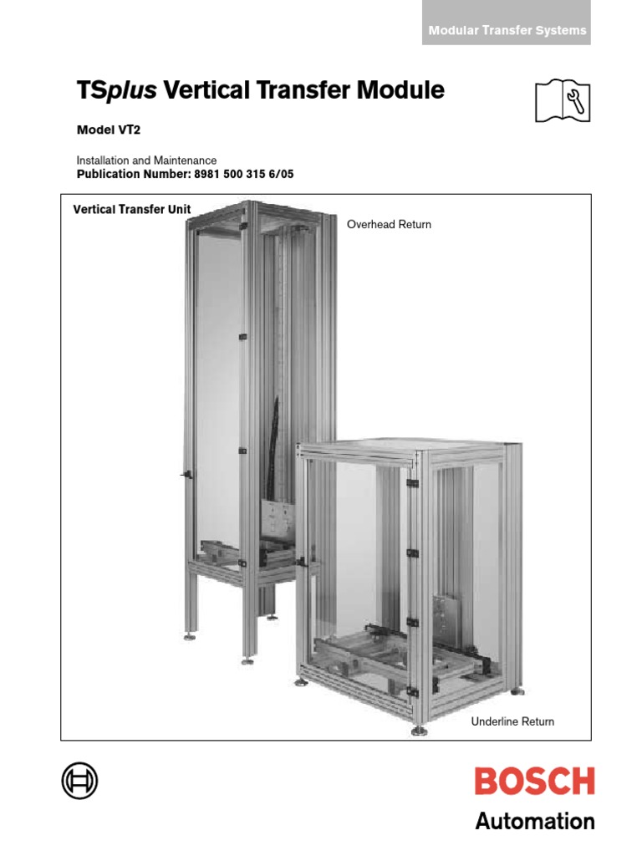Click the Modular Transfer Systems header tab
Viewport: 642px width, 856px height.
507,30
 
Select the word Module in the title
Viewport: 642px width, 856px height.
403,91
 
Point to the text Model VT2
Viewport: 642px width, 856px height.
103,130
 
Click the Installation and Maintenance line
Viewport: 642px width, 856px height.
146,160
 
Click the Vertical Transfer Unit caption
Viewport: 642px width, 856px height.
132,210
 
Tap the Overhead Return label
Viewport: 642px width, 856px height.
389,225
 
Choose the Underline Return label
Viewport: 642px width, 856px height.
512,721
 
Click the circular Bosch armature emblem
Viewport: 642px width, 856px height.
79,781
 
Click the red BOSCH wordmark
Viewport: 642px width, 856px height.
535,782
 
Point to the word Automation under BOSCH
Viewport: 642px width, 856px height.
535,821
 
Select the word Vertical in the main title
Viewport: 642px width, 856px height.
204,91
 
